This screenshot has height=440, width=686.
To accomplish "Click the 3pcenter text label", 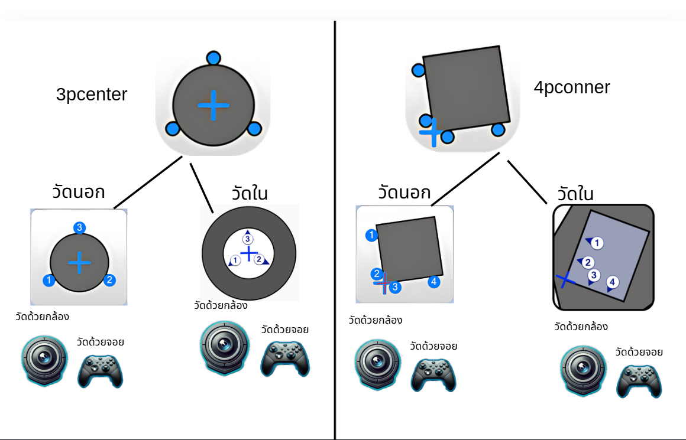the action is (x=92, y=94).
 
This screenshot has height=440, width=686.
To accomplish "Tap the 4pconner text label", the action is (x=572, y=87).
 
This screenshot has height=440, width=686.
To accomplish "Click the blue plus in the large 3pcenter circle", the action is (x=213, y=105).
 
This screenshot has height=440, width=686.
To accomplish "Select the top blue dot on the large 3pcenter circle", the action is (x=213, y=58).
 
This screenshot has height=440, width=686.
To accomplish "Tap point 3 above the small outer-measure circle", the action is (x=79, y=227).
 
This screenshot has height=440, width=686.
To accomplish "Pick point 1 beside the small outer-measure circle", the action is (x=49, y=280).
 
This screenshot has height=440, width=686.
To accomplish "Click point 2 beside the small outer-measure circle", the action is (x=109, y=279).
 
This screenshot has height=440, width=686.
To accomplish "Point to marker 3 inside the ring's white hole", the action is (x=248, y=239).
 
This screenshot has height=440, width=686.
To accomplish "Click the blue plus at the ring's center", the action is (x=249, y=253).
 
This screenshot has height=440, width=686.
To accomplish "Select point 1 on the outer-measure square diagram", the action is (x=371, y=235).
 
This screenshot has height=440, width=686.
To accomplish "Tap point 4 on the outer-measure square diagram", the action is (x=433, y=282).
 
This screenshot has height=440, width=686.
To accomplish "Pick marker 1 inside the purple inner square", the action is (x=597, y=243).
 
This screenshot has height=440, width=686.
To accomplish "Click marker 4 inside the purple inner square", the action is (x=612, y=282).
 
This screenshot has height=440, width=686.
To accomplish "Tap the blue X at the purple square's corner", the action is (x=565, y=279).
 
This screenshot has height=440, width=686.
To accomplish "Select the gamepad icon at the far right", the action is (x=639, y=381).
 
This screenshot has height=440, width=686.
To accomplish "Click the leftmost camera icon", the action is (x=44, y=360).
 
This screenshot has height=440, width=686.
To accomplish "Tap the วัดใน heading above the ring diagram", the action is (x=250, y=193).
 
